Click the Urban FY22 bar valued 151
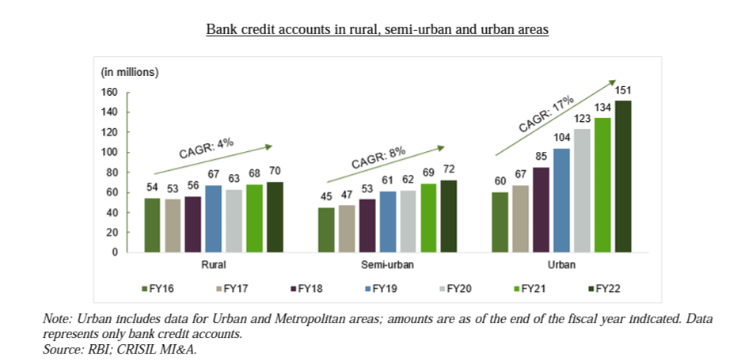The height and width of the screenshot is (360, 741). tap(624, 176)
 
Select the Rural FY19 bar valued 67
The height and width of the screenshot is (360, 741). tap(214, 219)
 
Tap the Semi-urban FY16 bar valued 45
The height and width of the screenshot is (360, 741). tap(326, 230)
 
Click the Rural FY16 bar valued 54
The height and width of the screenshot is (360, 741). tap(152, 225)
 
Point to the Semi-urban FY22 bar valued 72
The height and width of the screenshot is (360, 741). tap(449, 217)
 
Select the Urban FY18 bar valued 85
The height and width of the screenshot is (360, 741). tap(541, 210)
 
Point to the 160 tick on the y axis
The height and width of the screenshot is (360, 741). tap(109, 93)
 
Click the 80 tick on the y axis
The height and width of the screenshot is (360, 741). tap(112, 172)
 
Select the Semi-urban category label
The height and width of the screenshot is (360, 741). tap(387, 265)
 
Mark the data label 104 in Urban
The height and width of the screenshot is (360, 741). tap(562, 138)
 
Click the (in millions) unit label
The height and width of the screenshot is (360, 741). tap(130, 72)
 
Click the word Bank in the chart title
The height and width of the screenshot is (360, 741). tap(221, 29)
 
